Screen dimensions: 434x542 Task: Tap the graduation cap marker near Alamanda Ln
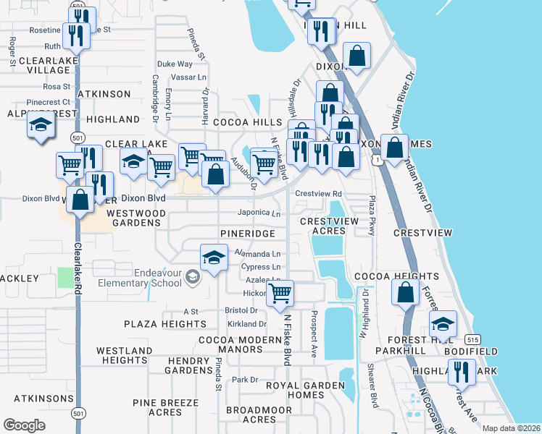(x=214, y=259)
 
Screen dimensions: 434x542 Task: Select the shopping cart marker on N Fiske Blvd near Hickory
(x=280, y=294)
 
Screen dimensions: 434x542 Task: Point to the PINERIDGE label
(x=248, y=234)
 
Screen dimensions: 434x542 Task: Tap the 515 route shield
(x=473, y=339)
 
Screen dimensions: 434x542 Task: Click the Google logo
(x=25, y=425)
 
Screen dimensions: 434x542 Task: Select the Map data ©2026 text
(x=510, y=428)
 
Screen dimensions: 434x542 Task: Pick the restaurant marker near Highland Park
(x=461, y=371)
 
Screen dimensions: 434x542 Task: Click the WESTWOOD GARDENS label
(x=135, y=218)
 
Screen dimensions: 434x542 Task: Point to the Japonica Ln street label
(x=259, y=213)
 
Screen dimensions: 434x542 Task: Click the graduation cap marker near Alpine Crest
(x=41, y=126)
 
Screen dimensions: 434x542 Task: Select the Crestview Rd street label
(x=318, y=194)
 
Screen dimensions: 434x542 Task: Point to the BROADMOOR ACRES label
(x=249, y=414)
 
